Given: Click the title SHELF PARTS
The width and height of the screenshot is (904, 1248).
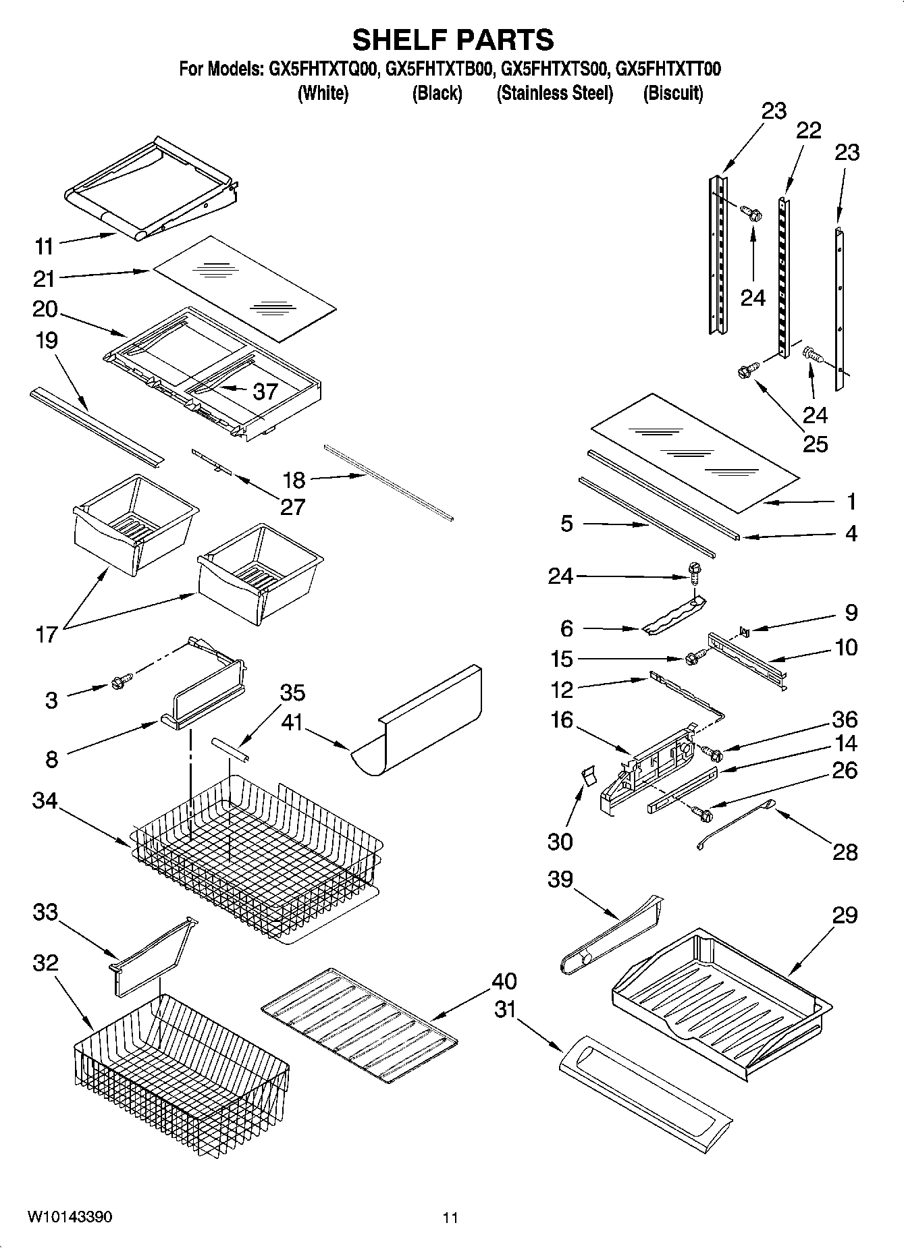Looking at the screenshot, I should pyautogui.click(x=452, y=40).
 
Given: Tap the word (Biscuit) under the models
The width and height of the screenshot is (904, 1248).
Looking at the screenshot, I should pyautogui.click(x=673, y=93).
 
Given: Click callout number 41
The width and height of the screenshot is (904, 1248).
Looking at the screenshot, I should pyautogui.click(x=292, y=722).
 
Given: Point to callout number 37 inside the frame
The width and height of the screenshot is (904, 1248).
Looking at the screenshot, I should pyautogui.click(x=265, y=391).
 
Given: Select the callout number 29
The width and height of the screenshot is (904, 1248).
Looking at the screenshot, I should pyautogui.click(x=845, y=915).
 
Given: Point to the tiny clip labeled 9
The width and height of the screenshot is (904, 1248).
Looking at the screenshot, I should pyautogui.click(x=743, y=631).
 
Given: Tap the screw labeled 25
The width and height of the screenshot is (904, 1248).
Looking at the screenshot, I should pyautogui.click(x=747, y=371).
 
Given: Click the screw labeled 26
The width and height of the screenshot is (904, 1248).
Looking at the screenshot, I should pyautogui.click(x=703, y=814).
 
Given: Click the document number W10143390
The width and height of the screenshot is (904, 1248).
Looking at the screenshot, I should pyautogui.click(x=70, y=1217).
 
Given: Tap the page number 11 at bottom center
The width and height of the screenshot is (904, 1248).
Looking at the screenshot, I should pyautogui.click(x=450, y=1218).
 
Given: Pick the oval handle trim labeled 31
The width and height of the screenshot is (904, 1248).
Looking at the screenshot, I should pyautogui.click(x=645, y=1089).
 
